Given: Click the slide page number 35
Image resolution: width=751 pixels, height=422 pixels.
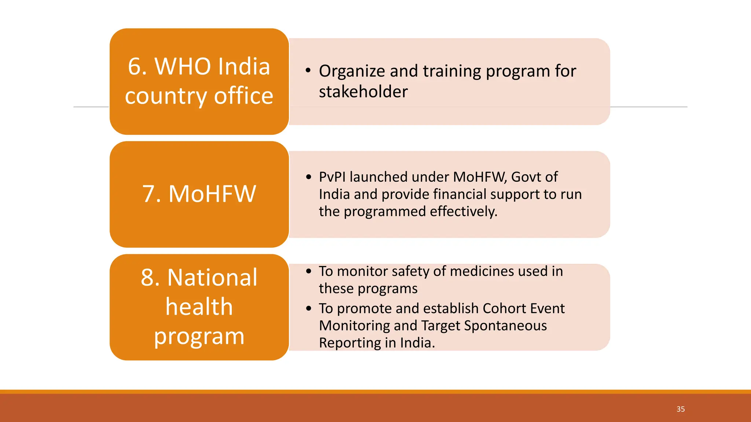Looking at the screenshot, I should tap(681, 409).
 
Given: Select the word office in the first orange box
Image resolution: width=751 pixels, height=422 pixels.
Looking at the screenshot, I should tap(243, 96).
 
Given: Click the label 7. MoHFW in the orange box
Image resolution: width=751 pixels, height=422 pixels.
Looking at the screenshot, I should tap(199, 194).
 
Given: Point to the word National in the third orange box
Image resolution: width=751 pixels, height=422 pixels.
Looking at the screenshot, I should tap(212, 277).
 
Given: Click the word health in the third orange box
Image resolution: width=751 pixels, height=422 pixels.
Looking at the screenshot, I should tap(199, 307).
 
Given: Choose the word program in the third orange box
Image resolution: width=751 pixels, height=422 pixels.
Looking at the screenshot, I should tap(199, 336).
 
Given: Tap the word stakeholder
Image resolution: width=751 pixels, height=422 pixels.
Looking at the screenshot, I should tap(363, 92).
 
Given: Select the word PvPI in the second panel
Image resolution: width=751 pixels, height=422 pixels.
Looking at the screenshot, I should tap(332, 177).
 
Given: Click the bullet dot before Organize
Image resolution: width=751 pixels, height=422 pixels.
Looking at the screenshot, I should tap(308, 70).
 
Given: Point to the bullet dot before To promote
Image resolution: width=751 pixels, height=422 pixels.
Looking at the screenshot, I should tap(308, 308).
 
